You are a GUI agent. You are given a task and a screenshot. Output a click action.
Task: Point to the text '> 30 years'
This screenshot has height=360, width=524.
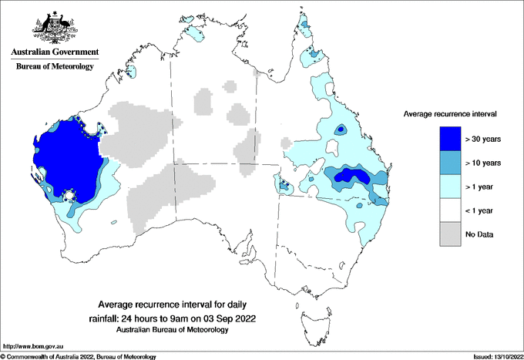[x=483, y=139]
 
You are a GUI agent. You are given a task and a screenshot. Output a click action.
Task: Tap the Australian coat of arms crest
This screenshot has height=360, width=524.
[x=54, y=27]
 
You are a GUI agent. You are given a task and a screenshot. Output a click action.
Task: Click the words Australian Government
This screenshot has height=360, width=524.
[x=54, y=52]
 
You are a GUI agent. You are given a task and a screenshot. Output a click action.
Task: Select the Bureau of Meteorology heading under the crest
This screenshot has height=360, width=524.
[x=54, y=67]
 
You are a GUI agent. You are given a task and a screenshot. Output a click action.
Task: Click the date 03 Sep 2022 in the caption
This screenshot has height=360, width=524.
[x=230, y=318]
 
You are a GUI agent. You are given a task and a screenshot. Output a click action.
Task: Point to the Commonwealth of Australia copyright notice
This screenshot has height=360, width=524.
[x=79, y=356]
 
